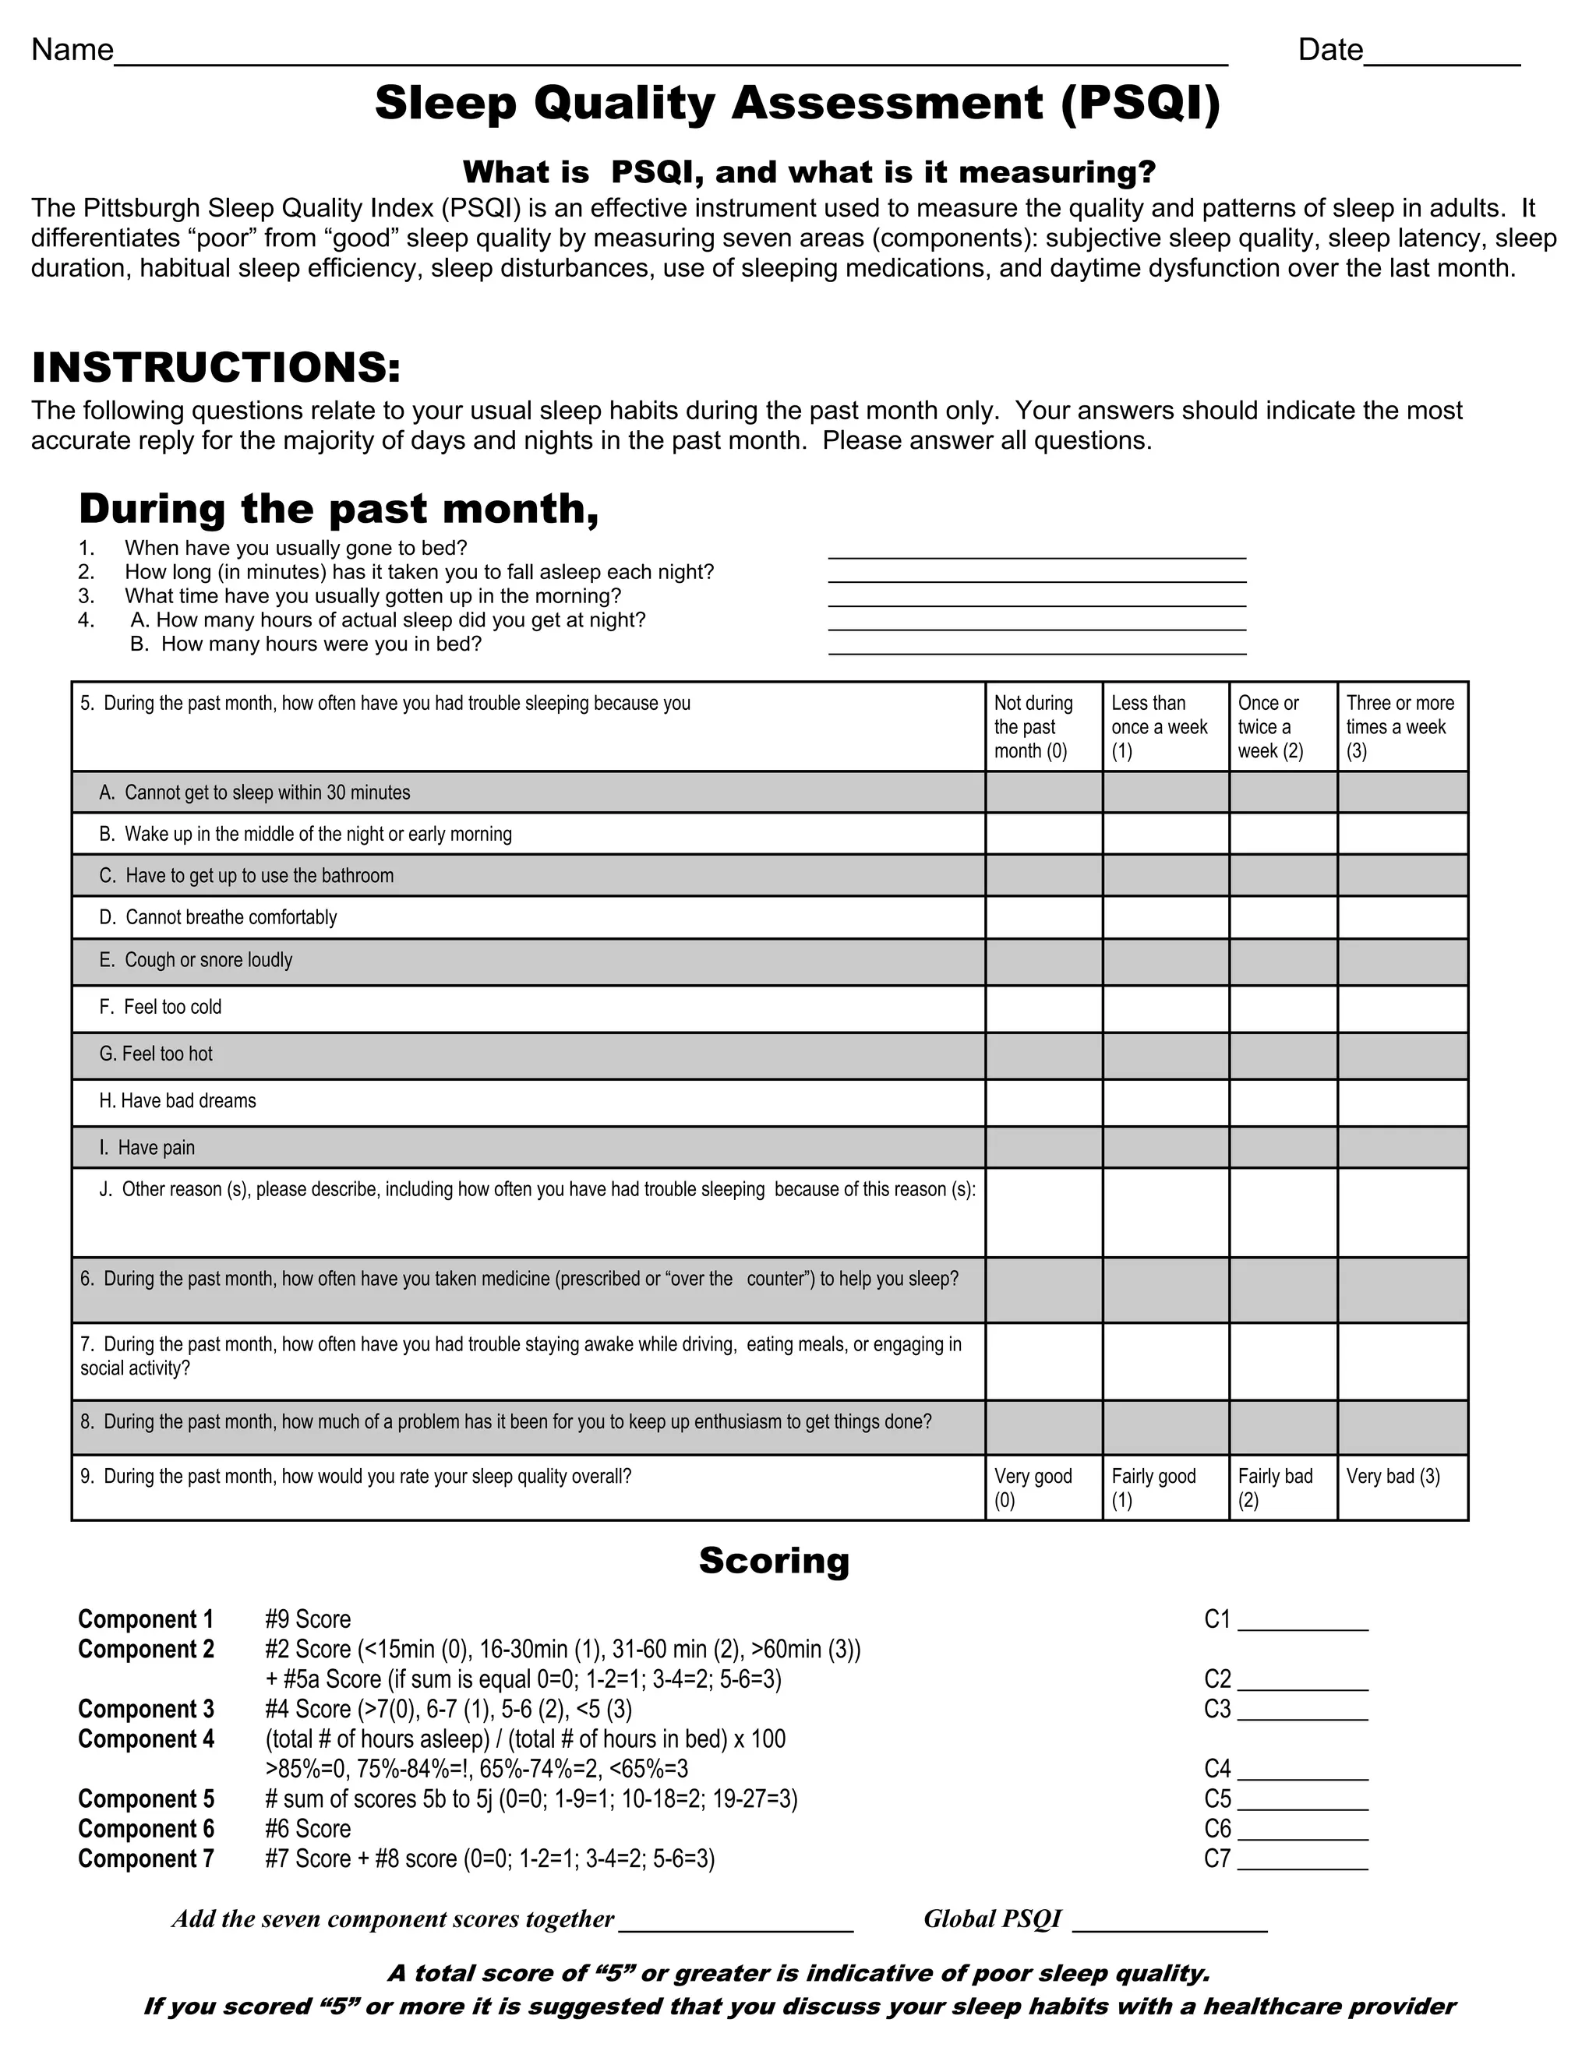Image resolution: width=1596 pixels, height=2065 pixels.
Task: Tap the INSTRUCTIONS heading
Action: pyautogui.click(x=217, y=368)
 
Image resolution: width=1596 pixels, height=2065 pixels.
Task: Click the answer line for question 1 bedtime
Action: pyautogui.click(x=1036, y=550)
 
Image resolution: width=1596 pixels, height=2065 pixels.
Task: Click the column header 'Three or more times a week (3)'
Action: pyautogui.click(x=1401, y=726)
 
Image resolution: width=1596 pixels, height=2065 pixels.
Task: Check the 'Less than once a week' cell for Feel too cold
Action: pyautogui.click(x=1165, y=1008)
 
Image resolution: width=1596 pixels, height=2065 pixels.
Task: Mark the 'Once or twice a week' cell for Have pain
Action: pyautogui.click(x=1282, y=1147)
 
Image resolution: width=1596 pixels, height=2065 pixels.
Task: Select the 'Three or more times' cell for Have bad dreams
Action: pyautogui.click(x=1402, y=1102)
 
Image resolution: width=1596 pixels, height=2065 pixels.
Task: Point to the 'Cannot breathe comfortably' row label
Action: pyautogui.click(x=218, y=917)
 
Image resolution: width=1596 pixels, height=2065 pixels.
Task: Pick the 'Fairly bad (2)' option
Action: pyautogui.click(x=1282, y=1488)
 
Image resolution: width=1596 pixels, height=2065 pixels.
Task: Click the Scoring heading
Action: pyautogui.click(x=773, y=1560)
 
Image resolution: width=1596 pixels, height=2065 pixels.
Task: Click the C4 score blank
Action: pyautogui.click(x=1302, y=1770)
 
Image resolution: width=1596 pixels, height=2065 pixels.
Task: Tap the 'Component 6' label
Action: pyautogui.click(x=147, y=1829)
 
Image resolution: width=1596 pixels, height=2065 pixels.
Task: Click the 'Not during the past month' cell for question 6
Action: pyautogui.click(x=1043, y=1289)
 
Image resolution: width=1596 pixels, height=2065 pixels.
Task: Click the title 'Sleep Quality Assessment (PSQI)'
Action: pyautogui.click(x=797, y=103)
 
